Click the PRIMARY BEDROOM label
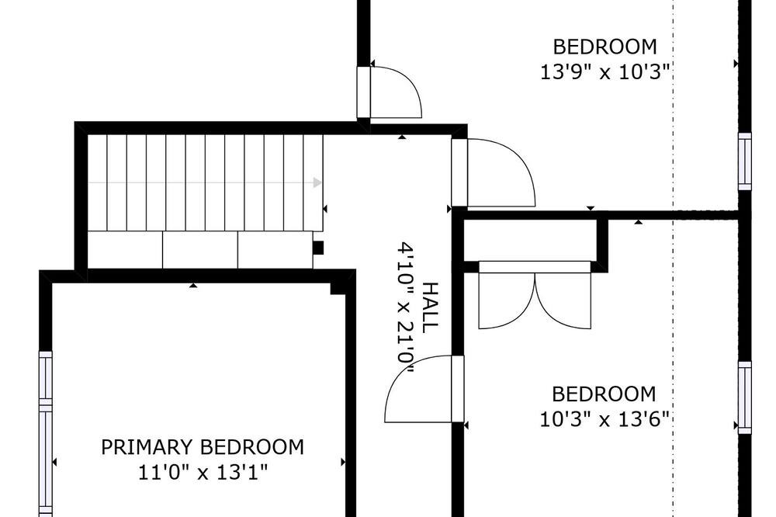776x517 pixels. [x=203, y=447]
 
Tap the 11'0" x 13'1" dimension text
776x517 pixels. [x=203, y=473]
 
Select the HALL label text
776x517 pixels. [x=431, y=307]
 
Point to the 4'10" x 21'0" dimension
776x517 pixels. [x=406, y=311]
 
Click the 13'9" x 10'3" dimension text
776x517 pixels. [x=605, y=72]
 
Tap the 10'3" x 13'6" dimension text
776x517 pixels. [x=605, y=420]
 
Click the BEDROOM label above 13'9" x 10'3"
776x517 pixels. [x=605, y=47]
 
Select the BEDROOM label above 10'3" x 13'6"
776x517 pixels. [x=604, y=394]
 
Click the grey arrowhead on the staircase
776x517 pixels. [x=317, y=182]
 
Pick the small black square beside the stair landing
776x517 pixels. [x=318, y=248]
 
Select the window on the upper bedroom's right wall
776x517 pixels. [x=745, y=161]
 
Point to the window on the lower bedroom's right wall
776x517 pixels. [x=745, y=397]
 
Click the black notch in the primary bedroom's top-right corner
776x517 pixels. [x=338, y=289]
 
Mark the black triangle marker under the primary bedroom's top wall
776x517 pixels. [x=193, y=285]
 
